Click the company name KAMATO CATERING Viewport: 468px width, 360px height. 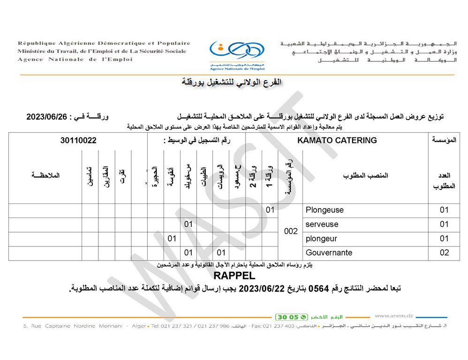click(337, 140)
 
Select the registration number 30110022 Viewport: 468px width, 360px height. click(78, 140)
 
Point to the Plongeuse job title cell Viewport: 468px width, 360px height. click(325, 210)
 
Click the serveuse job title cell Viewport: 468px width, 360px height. click(322, 224)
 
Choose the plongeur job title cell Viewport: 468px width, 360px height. click(321, 239)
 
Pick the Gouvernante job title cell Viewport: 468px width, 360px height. click(329, 253)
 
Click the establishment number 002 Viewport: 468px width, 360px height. click(291, 231)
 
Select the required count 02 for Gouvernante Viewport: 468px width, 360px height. click(444, 253)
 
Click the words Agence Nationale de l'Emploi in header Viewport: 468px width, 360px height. click(75, 60)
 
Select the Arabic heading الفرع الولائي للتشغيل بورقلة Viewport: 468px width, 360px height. click(232, 82)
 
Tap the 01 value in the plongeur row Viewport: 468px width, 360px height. click(172, 239)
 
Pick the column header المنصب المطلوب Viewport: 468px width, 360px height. click(365, 176)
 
